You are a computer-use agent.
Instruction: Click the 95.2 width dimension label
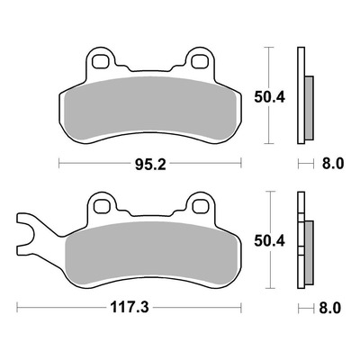click(x=150, y=165)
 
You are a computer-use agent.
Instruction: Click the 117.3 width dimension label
click(x=130, y=308)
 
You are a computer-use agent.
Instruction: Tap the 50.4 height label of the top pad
click(x=269, y=97)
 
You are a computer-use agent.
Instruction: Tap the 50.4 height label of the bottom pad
click(x=269, y=241)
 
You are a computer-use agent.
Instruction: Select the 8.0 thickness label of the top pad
click(x=333, y=164)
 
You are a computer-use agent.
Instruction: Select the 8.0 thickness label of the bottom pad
click(x=330, y=308)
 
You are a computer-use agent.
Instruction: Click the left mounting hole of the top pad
click(x=101, y=61)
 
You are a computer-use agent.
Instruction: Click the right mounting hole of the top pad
click(x=200, y=61)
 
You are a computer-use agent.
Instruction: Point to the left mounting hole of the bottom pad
click(x=102, y=206)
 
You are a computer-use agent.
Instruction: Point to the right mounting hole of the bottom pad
click(x=200, y=206)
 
